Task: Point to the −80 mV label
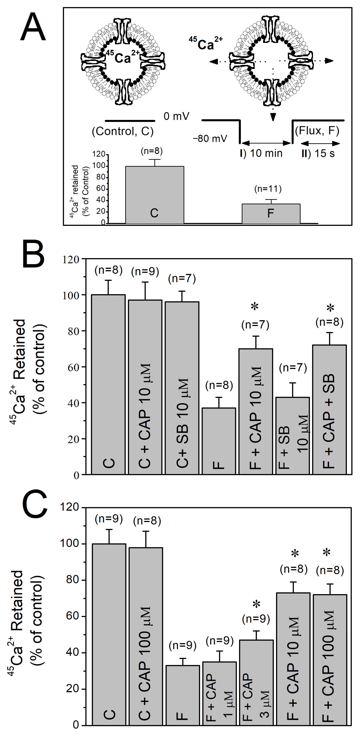210,139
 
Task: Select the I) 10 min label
261,153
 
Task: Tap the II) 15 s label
318,153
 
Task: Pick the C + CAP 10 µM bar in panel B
145,386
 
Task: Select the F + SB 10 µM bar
293,434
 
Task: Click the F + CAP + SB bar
329,409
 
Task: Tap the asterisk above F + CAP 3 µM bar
256,604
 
